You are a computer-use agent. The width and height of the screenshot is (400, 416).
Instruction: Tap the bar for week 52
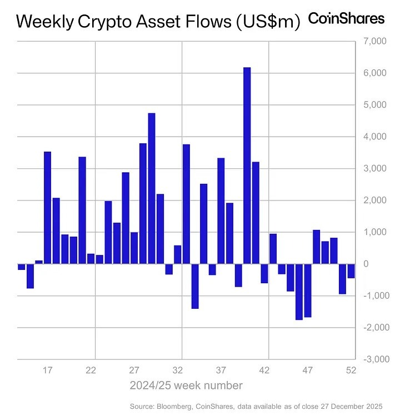tap(351, 270)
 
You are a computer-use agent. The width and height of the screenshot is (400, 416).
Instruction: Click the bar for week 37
tap(221, 210)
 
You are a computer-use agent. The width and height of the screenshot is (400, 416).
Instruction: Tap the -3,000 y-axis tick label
tap(371, 359)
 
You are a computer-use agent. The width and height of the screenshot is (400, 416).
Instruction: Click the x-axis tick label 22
tap(92, 370)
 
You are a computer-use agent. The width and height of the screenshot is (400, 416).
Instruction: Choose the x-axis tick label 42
tap(264, 370)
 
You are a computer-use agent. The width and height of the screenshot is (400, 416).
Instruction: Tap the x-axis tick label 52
tap(351, 370)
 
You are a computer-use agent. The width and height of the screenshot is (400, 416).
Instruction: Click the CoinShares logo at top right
tap(346, 19)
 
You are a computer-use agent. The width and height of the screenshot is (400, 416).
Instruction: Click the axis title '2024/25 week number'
tap(186, 385)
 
